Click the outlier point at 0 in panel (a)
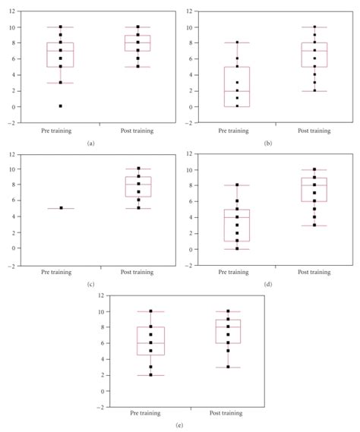(x=60, y=106)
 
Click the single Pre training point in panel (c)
(x=60, y=208)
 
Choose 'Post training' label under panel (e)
(x=227, y=413)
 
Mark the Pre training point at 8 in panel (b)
(x=237, y=43)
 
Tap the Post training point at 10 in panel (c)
(x=137, y=169)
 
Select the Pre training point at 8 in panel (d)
(x=237, y=184)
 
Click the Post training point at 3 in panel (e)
(x=227, y=367)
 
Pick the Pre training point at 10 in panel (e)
(x=150, y=311)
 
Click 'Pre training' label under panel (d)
(x=237, y=272)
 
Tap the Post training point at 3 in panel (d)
(x=314, y=225)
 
